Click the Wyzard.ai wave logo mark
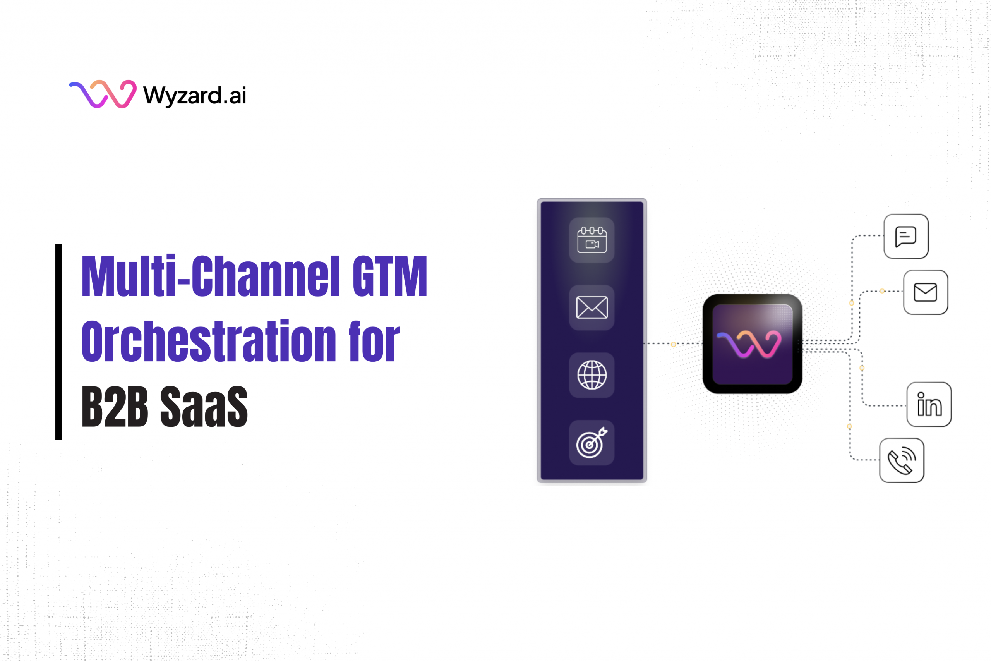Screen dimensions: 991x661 click(103, 94)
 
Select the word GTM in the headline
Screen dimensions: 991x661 click(390, 276)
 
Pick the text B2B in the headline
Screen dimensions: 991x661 click(115, 406)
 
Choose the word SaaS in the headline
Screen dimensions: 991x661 click(204, 406)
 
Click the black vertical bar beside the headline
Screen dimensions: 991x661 click(58, 342)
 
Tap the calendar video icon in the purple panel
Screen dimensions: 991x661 click(592, 240)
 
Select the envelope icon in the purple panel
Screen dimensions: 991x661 click(592, 307)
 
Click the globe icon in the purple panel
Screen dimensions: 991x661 click(592, 375)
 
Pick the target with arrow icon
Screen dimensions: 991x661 click(592, 443)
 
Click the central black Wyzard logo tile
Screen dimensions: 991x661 click(753, 344)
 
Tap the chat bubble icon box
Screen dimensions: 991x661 click(906, 236)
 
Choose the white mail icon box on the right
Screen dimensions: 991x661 click(926, 292)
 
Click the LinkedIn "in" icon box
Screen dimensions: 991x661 click(929, 404)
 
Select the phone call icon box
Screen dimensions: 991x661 click(902, 460)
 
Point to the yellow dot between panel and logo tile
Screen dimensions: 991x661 click(673, 344)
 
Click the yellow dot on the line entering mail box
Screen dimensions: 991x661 click(882, 291)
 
